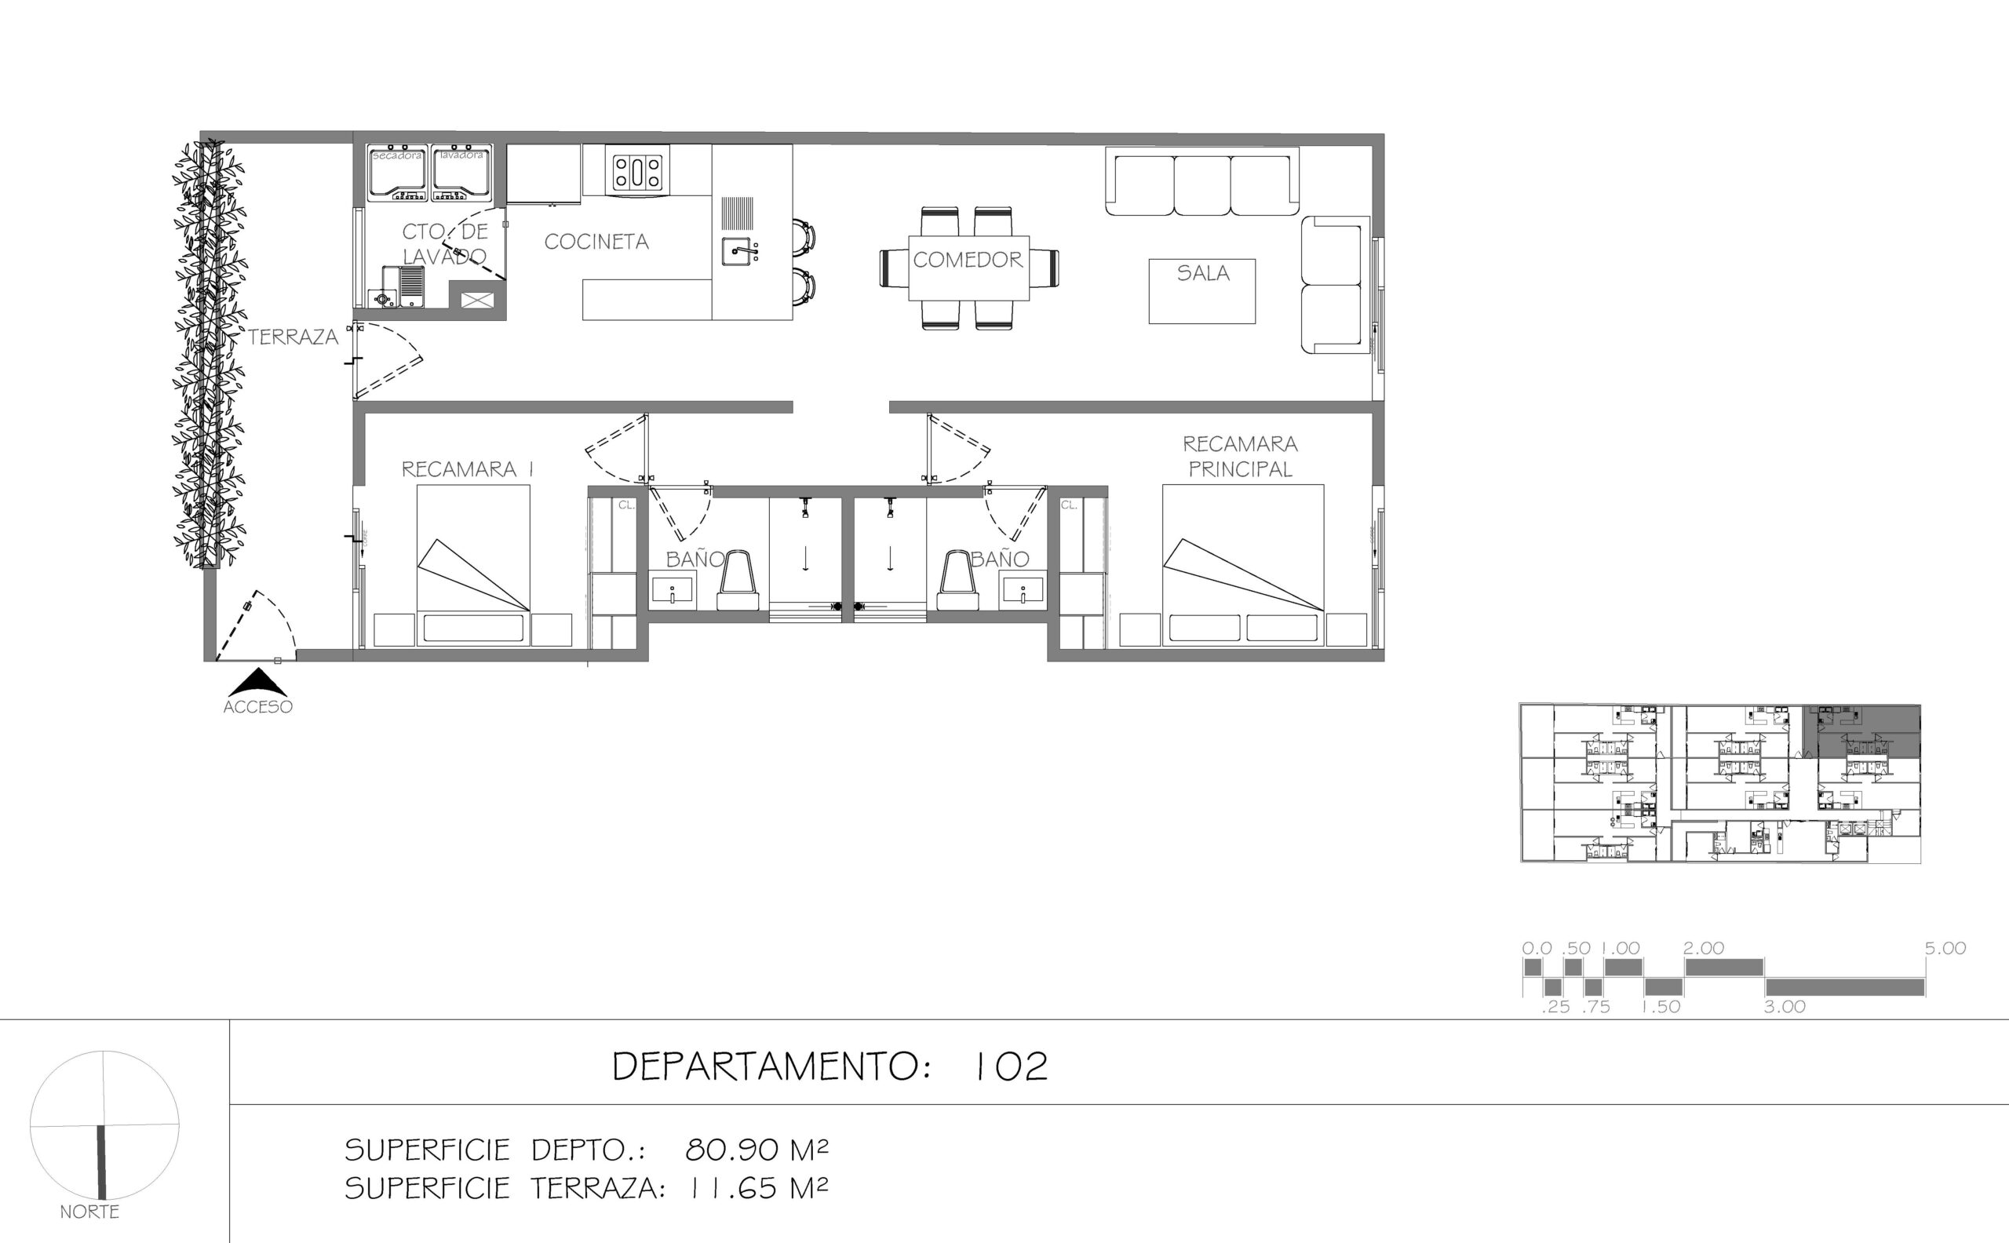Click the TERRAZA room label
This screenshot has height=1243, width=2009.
tap(294, 337)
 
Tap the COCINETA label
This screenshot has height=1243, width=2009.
tap(596, 242)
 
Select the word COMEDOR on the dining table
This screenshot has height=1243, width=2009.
tap(968, 260)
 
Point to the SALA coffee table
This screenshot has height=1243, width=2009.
tap(1201, 291)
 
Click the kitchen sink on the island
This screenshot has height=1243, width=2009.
tap(738, 252)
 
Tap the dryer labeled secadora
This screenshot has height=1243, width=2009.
tap(398, 173)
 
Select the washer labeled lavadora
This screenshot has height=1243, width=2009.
tap(461, 173)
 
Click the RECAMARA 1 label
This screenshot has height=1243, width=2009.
tap(467, 469)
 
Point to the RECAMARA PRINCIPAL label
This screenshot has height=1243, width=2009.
tap(1241, 456)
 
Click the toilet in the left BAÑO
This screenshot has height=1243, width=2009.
tap(738, 580)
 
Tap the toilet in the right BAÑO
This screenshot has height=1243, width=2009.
tap(957, 580)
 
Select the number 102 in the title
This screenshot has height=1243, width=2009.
tap(1009, 1066)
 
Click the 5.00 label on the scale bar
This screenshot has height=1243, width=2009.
tap(1945, 949)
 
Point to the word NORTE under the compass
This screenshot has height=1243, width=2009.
tap(89, 1212)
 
